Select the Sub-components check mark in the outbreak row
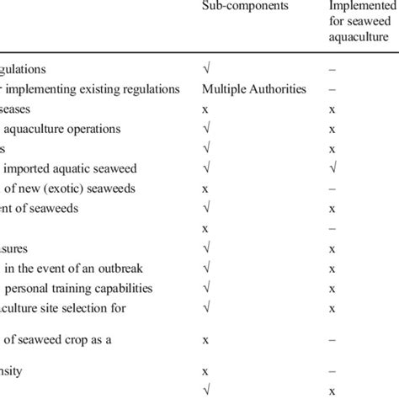coord(206,269)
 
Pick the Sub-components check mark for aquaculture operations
coord(206,128)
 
